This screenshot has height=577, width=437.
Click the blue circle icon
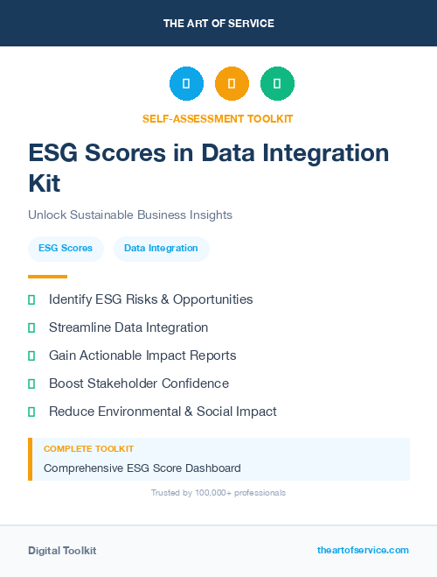click(186, 83)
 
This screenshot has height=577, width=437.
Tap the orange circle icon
click(232, 83)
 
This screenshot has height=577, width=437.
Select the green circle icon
click(277, 83)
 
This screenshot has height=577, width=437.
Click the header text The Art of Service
click(218, 24)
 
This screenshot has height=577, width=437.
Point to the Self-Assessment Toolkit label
click(218, 118)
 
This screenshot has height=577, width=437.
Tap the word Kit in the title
click(45, 183)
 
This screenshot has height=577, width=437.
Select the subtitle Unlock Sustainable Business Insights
click(130, 215)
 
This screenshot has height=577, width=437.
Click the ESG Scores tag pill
click(66, 249)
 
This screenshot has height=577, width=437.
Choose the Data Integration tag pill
click(161, 249)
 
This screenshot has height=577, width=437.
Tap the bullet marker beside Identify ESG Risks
click(31, 299)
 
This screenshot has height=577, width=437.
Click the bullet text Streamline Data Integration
click(128, 327)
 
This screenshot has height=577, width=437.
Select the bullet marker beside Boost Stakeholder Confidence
click(31, 383)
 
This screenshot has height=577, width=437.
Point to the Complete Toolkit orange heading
click(88, 448)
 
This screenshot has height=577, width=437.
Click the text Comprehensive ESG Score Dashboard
click(142, 468)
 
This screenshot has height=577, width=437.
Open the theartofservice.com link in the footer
click(363, 550)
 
